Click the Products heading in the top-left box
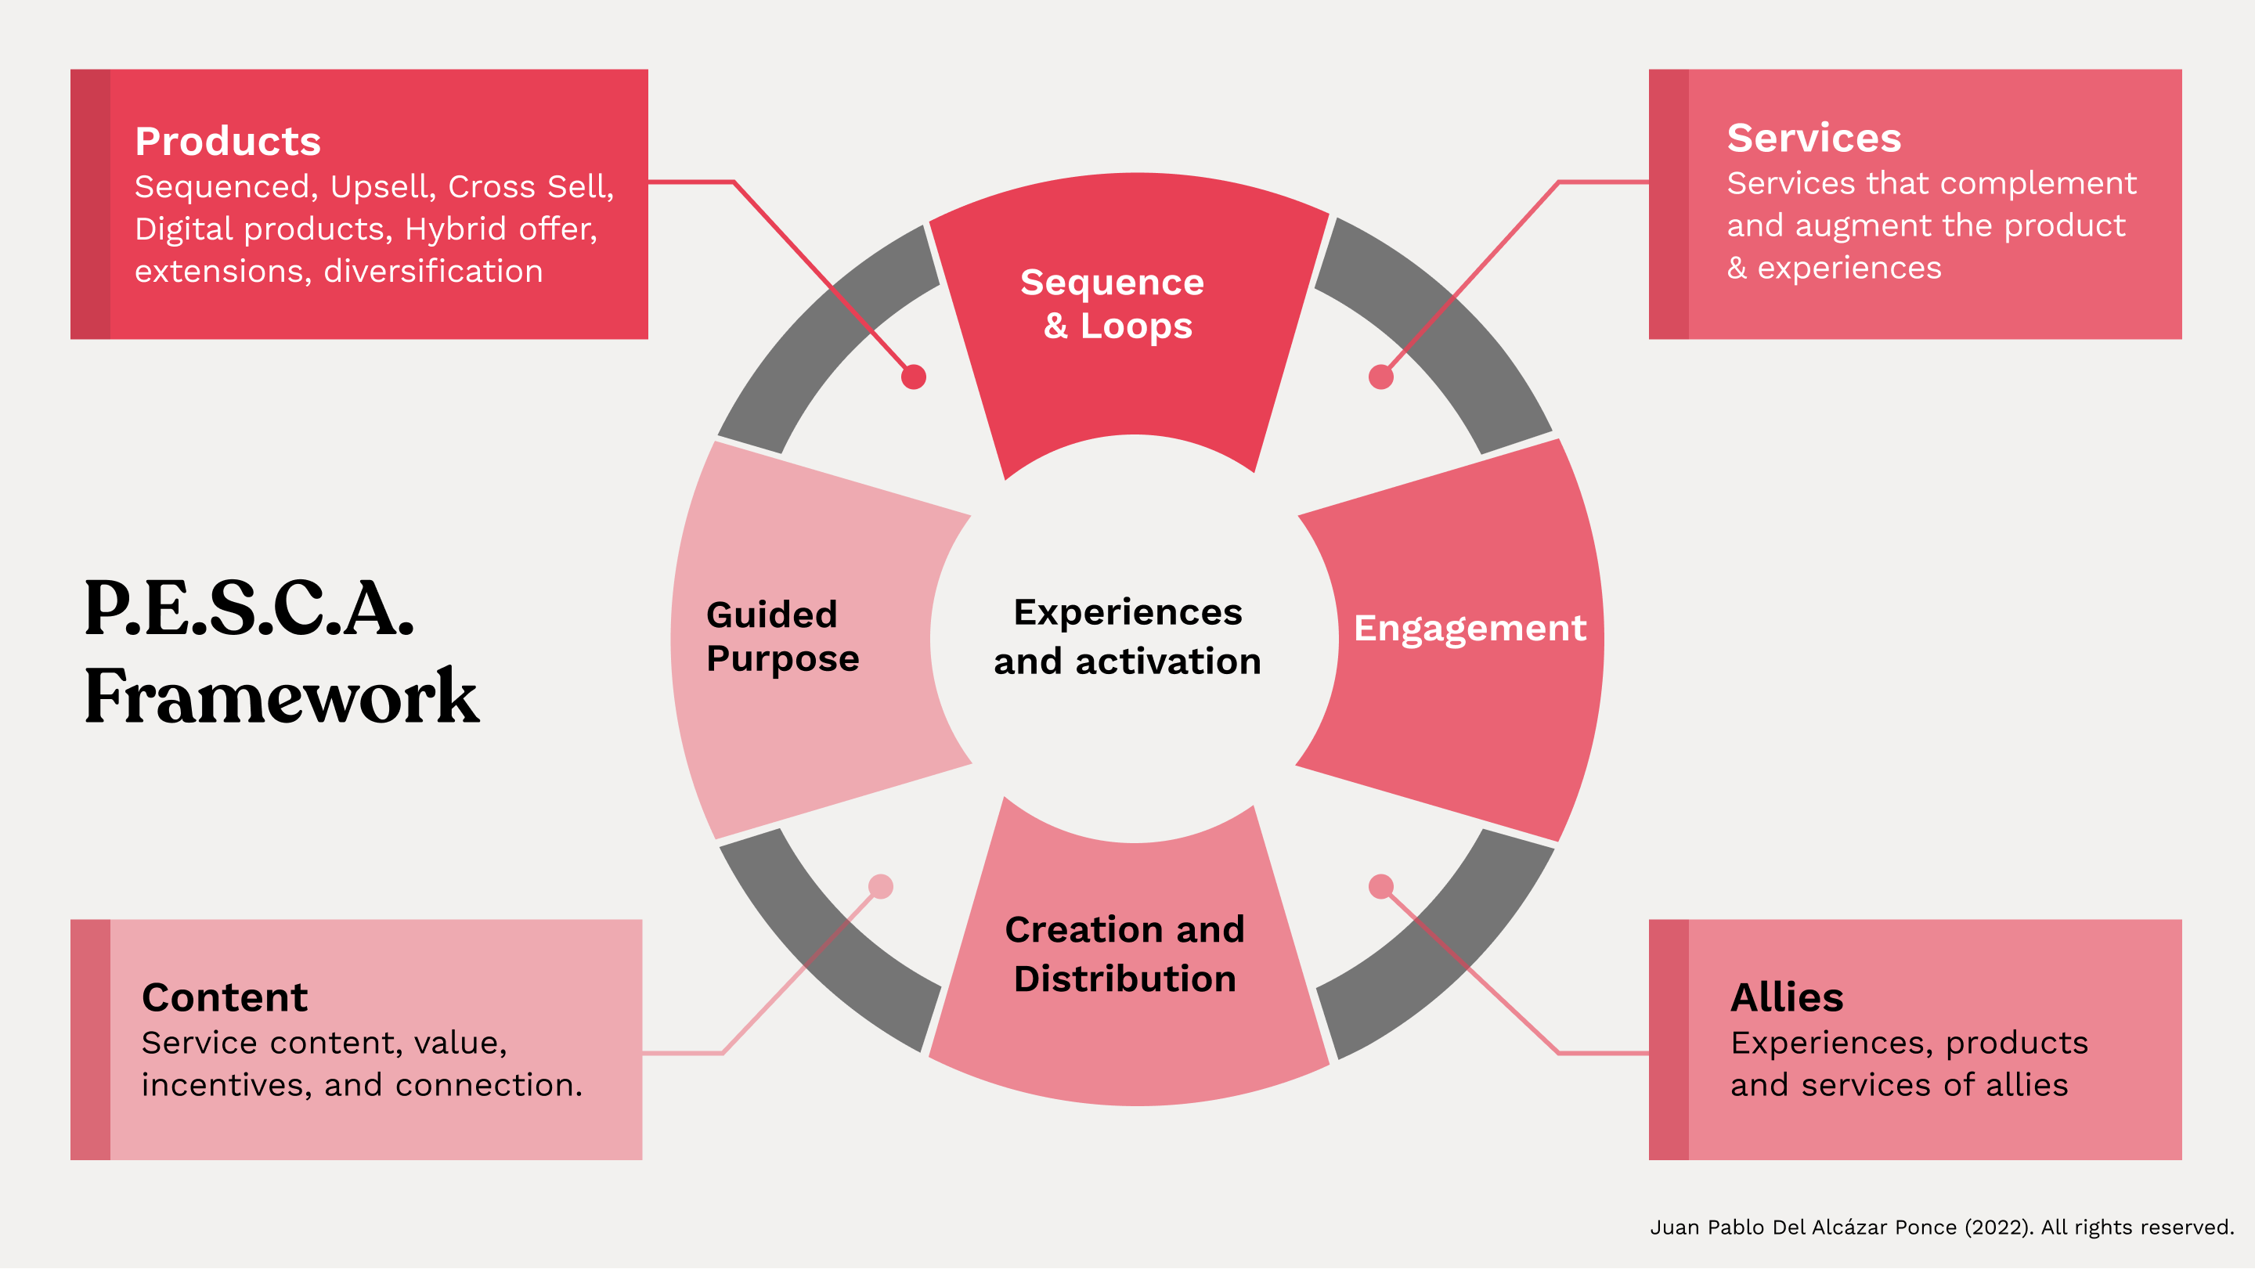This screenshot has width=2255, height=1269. [x=228, y=141]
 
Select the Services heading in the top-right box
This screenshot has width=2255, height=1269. [x=1814, y=139]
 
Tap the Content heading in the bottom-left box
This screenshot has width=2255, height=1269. [x=225, y=997]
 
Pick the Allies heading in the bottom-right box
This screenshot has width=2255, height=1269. [x=1787, y=997]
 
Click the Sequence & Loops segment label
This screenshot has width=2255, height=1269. [x=1113, y=304]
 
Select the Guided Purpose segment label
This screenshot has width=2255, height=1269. [x=783, y=637]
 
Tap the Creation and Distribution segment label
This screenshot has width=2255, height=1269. [x=1125, y=954]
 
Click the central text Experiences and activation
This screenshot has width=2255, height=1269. [x=1127, y=637]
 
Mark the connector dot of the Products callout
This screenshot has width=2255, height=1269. [x=914, y=377]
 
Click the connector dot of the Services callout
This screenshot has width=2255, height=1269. [x=1380, y=377]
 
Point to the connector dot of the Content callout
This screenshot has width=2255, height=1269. [x=881, y=886]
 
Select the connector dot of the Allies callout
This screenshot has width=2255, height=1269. [x=1380, y=886]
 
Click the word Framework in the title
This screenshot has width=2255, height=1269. [x=282, y=697]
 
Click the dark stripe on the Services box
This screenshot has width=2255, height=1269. [x=1669, y=204]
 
